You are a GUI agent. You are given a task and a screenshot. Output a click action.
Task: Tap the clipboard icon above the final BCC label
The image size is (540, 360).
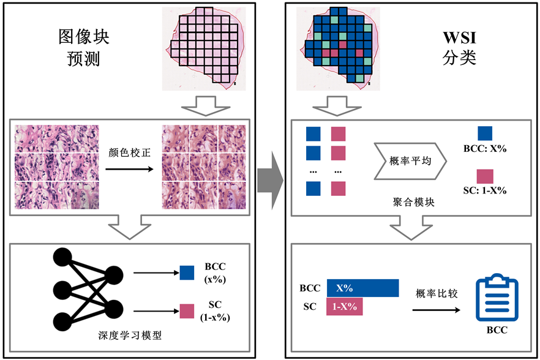[x=497, y=299]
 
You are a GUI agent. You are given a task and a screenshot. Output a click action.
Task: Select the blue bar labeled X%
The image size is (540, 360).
[x=362, y=288]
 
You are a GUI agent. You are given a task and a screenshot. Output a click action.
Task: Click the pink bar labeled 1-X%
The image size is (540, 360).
[x=345, y=307]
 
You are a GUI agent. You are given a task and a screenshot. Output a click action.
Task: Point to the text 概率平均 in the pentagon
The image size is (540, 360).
[x=410, y=161]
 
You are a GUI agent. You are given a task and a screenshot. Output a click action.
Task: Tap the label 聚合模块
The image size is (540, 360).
[x=414, y=201]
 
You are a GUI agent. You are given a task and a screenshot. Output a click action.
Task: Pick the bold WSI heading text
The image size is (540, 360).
[x=460, y=38]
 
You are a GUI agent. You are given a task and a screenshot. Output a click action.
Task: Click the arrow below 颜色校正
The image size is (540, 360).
[x=128, y=166]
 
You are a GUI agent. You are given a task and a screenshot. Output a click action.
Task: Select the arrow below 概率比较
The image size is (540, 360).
[x=436, y=310]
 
